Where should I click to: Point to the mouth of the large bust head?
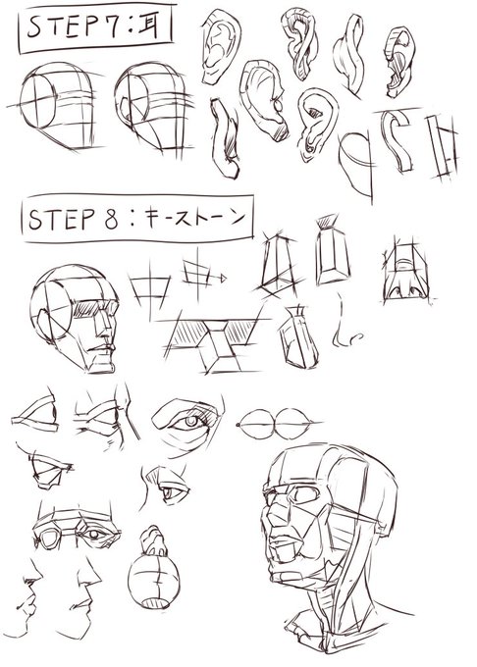tap(288, 566)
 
